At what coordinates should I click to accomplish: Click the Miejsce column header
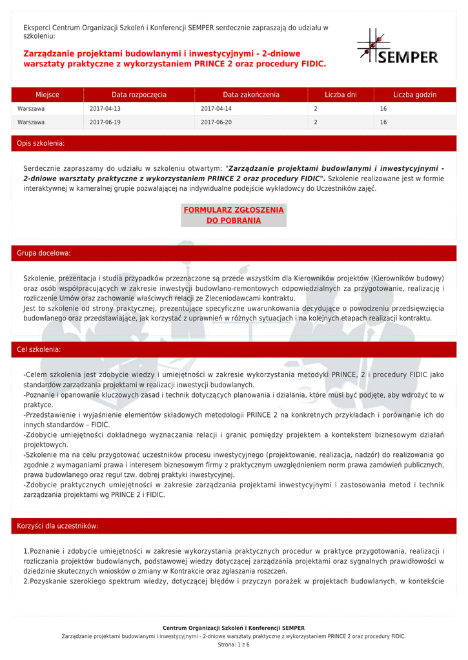pos(47,95)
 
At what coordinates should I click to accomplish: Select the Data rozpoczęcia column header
pos(139,95)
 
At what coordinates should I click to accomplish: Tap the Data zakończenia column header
pos(251,95)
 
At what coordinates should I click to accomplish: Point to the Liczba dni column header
pos(340,95)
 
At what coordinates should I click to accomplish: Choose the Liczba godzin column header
pos(414,95)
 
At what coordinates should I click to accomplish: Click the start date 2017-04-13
pos(105,109)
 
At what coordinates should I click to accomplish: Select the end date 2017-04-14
pos(216,109)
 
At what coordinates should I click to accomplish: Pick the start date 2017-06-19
pos(105,122)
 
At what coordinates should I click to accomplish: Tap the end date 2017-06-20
pos(216,122)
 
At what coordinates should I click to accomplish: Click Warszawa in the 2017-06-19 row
pos(31,122)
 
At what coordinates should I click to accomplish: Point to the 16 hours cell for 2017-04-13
pos(383,109)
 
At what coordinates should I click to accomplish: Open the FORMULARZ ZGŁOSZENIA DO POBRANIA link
pos(234,215)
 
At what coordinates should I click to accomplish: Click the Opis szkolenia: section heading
pos(41,143)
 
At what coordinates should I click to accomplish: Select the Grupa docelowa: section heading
pos(43,253)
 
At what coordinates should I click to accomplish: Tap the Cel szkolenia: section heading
pos(39,349)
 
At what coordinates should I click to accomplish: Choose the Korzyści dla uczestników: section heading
pos(57,526)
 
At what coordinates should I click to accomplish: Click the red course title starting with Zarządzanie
pos(175,59)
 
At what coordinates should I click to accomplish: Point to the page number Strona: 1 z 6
pos(234,645)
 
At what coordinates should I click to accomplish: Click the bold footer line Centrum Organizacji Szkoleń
pos(234,628)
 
